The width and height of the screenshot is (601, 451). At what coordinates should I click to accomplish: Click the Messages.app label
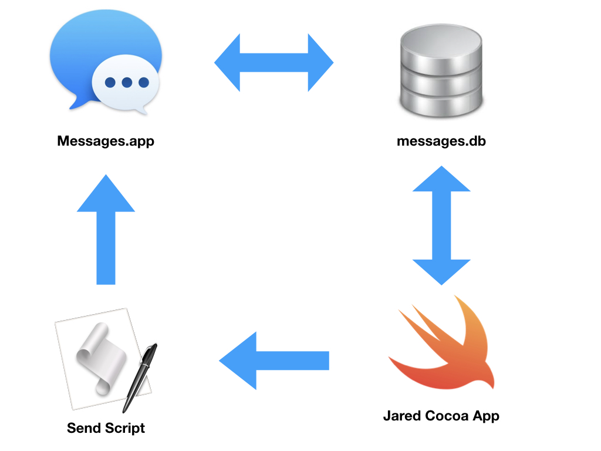[x=106, y=142]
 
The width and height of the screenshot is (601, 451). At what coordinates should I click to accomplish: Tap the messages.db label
[x=441, y=142]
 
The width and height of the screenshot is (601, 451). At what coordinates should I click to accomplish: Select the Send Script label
[x=106, y=428]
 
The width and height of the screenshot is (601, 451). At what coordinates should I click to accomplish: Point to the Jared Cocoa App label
[x=441, y=416]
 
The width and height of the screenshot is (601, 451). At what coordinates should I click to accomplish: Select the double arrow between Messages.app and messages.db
[x=274, y=63]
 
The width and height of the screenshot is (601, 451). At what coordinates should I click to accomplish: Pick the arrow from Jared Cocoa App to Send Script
[x=274, y=360]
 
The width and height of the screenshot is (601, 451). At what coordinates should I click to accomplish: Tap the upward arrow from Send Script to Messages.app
[x=106, y=229]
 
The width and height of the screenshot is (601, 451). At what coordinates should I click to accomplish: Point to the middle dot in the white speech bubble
[x=126, y=83]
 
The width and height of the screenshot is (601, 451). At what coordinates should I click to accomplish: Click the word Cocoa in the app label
[x=448, y=416]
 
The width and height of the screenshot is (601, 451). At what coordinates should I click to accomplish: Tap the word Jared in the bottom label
[x=403, y=416]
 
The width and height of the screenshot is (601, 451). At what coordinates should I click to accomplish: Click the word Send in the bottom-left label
[x=83, y=428]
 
